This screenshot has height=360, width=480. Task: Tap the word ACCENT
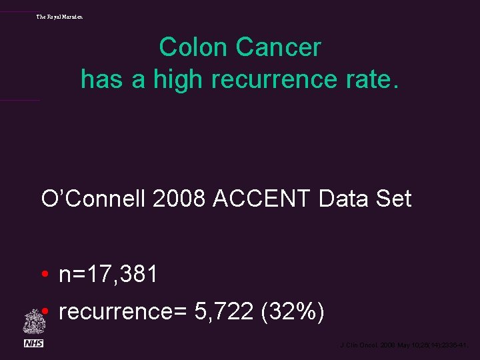263,199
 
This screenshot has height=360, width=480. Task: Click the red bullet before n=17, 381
44,274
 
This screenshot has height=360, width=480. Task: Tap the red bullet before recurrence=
44,311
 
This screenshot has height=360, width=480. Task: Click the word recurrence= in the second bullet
123,311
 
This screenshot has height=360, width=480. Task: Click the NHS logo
33,343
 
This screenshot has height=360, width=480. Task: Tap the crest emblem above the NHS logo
33,322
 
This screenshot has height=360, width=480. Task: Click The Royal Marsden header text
60,16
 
